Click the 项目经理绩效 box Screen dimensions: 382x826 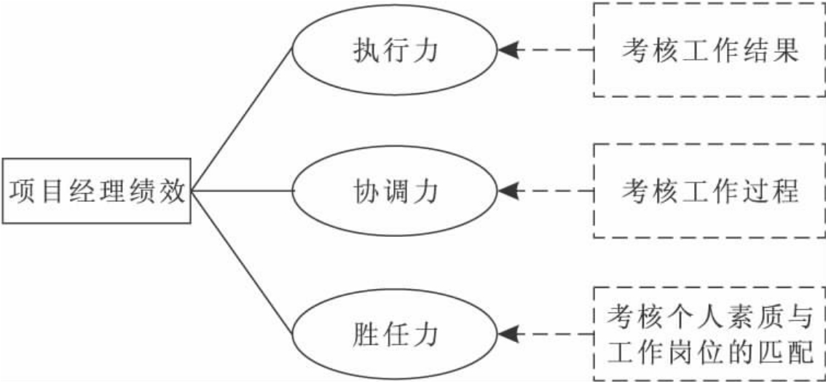[97, 192]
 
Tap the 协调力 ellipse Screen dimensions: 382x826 [395, 191]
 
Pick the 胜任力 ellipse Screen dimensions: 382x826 [395, 335]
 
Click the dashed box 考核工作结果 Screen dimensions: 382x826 [709, 50]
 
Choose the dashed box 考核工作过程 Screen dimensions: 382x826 [709, 191]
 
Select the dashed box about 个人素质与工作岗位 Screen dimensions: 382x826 [709, 334]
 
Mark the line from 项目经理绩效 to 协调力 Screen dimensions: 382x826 [242, 191]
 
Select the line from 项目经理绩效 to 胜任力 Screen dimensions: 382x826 [242, 262]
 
